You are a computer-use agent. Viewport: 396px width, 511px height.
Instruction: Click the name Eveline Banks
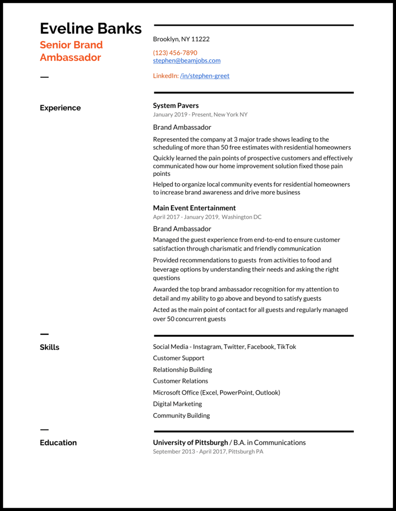91,28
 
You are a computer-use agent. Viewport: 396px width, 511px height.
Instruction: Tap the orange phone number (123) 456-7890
175,52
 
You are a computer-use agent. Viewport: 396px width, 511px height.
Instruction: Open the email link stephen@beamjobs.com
187,60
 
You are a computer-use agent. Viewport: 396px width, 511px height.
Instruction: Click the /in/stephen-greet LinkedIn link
204,76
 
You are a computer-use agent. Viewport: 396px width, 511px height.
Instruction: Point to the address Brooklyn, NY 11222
181,39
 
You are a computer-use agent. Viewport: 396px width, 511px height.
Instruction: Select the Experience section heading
60,108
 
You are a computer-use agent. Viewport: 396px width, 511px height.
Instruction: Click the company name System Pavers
176,105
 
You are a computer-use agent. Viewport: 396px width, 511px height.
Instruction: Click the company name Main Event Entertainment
194,208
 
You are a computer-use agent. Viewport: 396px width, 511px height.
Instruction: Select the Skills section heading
49,347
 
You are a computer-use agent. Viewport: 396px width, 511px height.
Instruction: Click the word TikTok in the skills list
286,347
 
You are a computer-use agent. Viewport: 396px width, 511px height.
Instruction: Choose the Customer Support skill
178,358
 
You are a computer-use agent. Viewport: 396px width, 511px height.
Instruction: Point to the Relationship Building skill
182,369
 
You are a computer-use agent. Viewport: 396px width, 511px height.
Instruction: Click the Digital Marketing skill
177,404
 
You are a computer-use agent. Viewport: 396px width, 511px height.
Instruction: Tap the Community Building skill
181,415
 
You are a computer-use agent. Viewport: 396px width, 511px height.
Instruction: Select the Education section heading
58,443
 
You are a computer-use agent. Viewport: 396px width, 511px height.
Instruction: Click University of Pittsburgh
190,443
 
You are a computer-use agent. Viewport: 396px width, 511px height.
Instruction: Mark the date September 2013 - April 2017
189,452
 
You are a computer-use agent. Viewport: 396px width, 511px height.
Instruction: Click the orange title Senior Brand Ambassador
71,51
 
